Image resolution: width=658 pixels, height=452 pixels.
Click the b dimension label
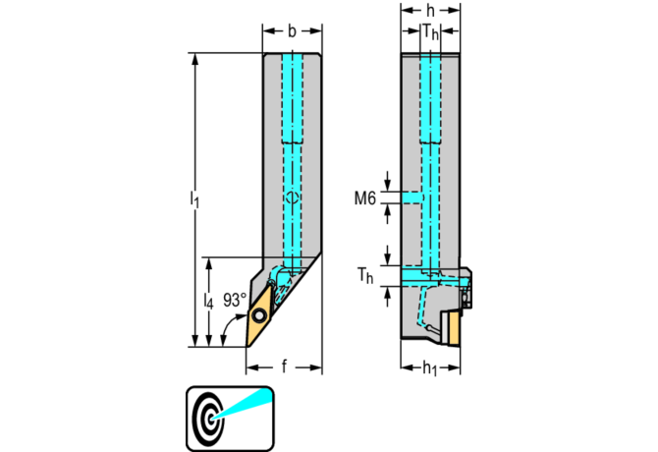pos(292,31)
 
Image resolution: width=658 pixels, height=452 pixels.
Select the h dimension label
pos(429,14)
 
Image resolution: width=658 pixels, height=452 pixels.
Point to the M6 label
pos(364,198)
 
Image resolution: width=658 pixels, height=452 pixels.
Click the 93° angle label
pos(235,300)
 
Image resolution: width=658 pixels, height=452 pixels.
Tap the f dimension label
pos(284,367)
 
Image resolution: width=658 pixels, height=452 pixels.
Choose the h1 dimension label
pos(429,368)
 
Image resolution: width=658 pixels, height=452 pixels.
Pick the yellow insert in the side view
pos(453,327)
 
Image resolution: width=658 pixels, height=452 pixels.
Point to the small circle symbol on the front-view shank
pos(292,198)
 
